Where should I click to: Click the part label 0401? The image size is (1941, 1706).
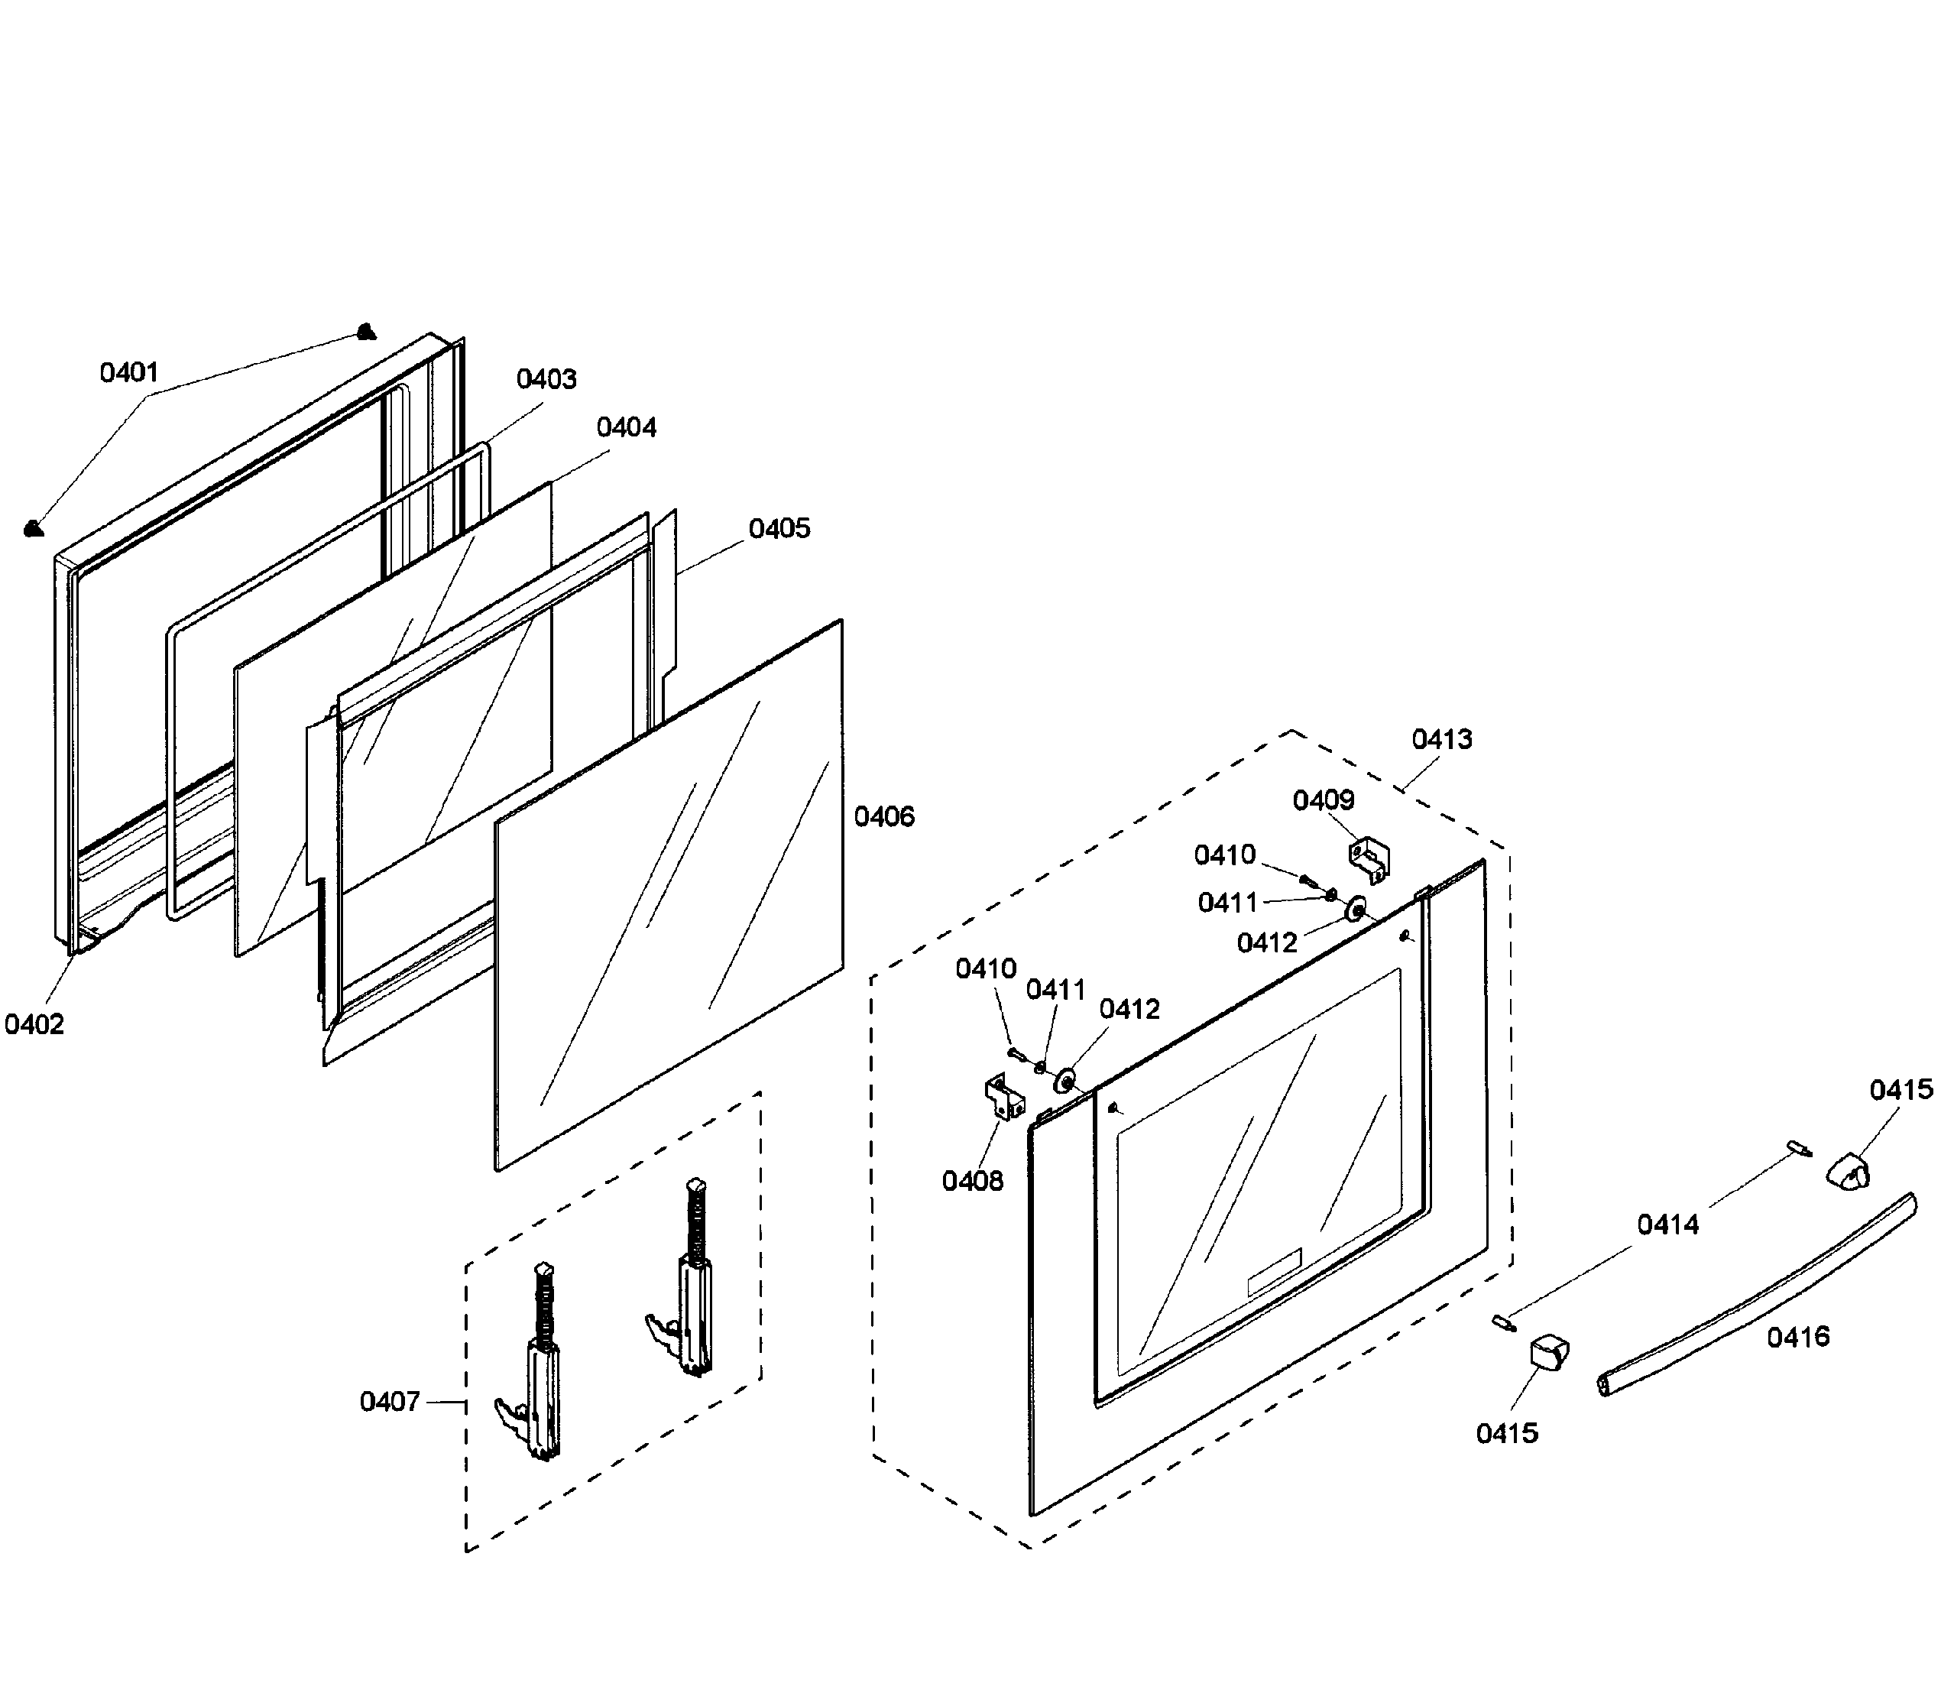coord(129,372)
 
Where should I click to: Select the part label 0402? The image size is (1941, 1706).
coord(34,1025)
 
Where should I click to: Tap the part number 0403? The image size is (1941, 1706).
coord(546,379)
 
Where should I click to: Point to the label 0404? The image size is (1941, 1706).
coord(626,427)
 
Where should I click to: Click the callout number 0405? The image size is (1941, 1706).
coord(779,529)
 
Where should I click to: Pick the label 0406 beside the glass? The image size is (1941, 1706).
coord(884,817)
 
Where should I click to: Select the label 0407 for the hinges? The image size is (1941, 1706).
coord(389,1402)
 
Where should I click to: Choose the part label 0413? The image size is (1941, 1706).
coord(1441,739)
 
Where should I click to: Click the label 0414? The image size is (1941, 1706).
coord(1667,1225)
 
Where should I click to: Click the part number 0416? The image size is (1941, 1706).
coord(1797,1338)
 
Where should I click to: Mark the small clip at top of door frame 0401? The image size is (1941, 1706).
coord(365,332)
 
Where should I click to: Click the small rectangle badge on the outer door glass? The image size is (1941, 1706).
coord(1273,1273)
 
